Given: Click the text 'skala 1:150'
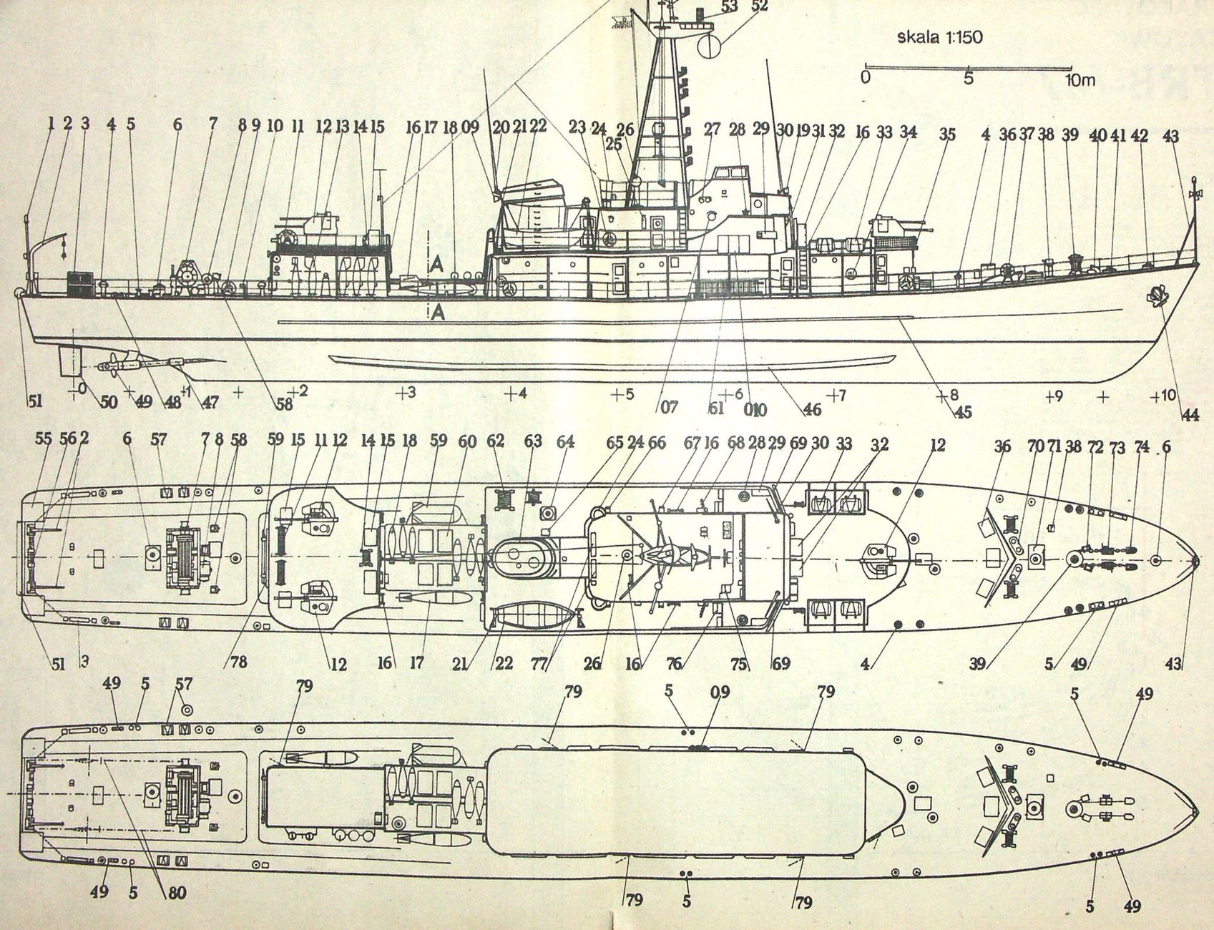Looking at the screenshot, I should coord(939,37).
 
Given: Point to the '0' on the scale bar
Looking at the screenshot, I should coord(866,77).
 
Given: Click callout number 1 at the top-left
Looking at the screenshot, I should coord(51,124).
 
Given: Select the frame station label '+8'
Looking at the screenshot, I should coord(949,394).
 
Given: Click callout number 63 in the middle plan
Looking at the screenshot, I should coord(533,441).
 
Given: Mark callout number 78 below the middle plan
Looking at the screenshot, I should coord(238,662).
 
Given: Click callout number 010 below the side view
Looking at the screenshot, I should coord(755,409).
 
